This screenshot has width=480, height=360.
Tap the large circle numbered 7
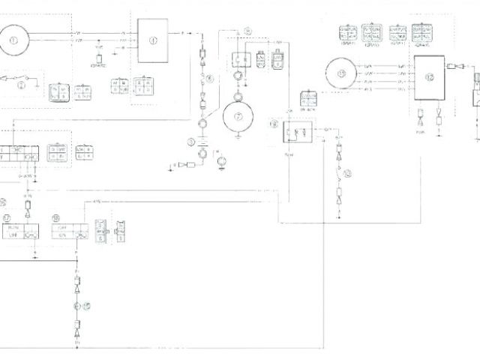(238, 115)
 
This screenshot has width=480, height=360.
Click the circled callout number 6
(211, 79)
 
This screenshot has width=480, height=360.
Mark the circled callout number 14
(248, 31)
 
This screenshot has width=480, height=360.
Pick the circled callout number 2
(22, 86)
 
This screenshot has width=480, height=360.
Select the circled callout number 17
(7, 217)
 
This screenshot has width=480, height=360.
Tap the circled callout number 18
(56, 217)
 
